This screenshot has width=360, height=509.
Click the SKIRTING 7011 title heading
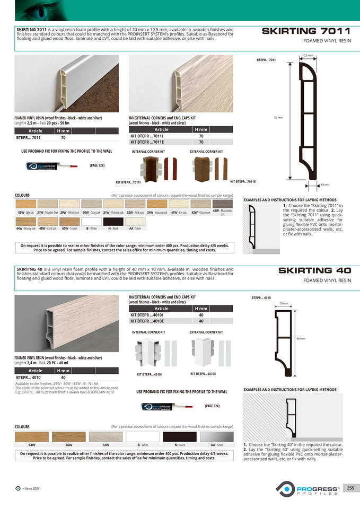point(306,31)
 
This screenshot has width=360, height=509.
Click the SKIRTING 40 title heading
point(314,271)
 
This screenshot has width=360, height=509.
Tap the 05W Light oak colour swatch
point(25,204)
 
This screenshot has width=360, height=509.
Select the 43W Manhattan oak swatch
point(222,204)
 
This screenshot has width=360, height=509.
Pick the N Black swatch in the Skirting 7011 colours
point(113,222)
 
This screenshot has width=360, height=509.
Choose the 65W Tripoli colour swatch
point(69,222)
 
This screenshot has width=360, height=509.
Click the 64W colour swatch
point(32,436)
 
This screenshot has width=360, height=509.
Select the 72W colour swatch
point(106,436)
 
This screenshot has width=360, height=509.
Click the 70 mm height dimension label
point(278,118)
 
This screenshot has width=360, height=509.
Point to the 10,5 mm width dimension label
point(308,55)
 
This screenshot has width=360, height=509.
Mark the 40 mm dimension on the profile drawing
point(300,338)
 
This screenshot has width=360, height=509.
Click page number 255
point(350,488)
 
